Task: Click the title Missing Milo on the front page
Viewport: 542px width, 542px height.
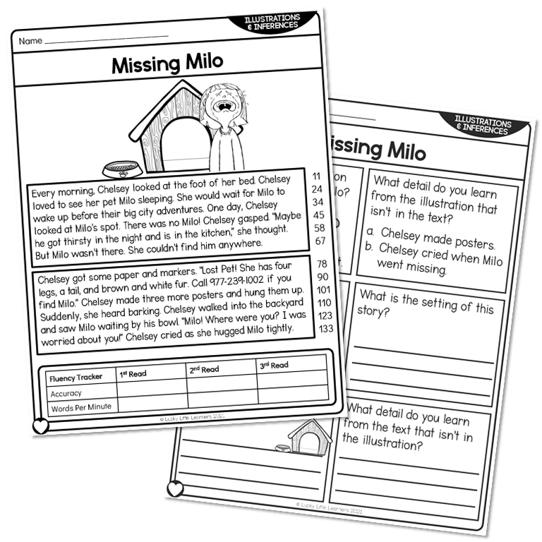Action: coord(167,64)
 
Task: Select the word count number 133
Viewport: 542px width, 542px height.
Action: coord(325,328)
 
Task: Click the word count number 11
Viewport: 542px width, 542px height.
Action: coord(316,175)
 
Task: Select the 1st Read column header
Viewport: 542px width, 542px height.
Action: coord(133,373)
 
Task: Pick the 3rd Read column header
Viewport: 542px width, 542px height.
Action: coord(275,365)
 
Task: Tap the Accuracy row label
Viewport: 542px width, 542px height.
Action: coord(66,394)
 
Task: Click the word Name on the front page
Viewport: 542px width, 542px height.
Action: coord(30,41)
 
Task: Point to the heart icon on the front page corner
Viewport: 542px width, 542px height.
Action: coord(41,426)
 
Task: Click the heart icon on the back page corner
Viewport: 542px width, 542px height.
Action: coord(174,488)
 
